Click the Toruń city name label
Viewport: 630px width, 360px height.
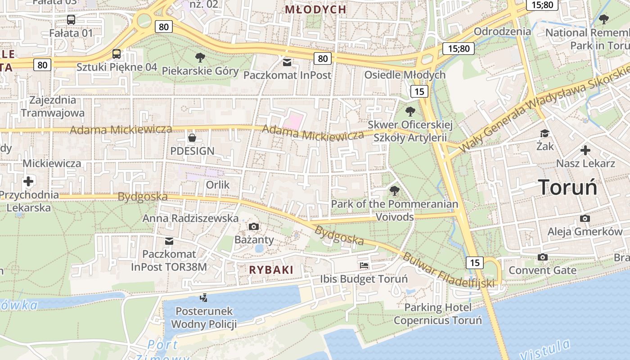(567, 187)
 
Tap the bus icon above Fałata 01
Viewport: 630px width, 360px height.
(71, 20)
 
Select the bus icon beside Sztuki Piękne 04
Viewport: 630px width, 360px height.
(117, 54)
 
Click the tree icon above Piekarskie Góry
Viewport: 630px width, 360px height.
(200, 57)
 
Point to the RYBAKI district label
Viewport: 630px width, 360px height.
(271, 270)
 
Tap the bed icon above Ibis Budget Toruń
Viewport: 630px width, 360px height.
(364, 265)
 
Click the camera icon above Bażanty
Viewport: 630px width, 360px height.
(254, 226)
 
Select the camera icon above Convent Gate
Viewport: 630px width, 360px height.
(543, 257)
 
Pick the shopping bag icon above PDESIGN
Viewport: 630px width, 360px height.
(192, 137)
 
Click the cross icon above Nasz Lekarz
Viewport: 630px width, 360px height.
(585, 150)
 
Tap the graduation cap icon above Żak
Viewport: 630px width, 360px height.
(545, 133)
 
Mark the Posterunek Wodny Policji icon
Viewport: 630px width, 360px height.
(204, 297)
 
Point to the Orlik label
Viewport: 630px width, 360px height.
(218, 185)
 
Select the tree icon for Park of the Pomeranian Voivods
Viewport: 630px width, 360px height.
(395, 191)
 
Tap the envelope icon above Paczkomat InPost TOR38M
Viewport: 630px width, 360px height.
(169, 241)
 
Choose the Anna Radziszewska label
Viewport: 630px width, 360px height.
(190, 218)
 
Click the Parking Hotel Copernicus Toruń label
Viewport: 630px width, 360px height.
(438, 314)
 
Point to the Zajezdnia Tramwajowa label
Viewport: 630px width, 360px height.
(53, 106)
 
